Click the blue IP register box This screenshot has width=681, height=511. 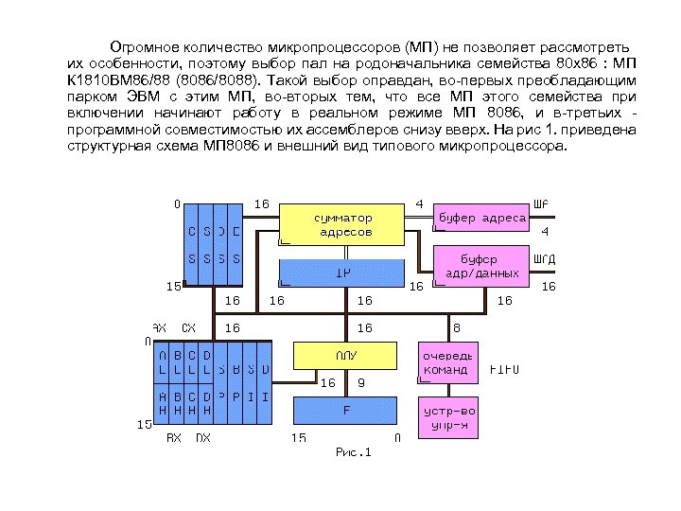pyautogui.click(x=345, y=273)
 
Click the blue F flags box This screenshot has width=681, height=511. pyautogui.click(x=346, y=411)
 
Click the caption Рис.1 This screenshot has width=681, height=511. pyautogui.click(x=355, y=452)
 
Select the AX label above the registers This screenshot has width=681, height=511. pyautogui.click(x=159, y=327)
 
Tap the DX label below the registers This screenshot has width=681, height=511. pyautogui.click(x=202, y=438)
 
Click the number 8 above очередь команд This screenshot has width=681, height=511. pyautogui.click(x=457, y=327)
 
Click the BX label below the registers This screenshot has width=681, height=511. pyautogui.click(x=174, y=438)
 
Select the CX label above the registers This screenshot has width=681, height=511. pyautogui.click(x=188, y=327)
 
